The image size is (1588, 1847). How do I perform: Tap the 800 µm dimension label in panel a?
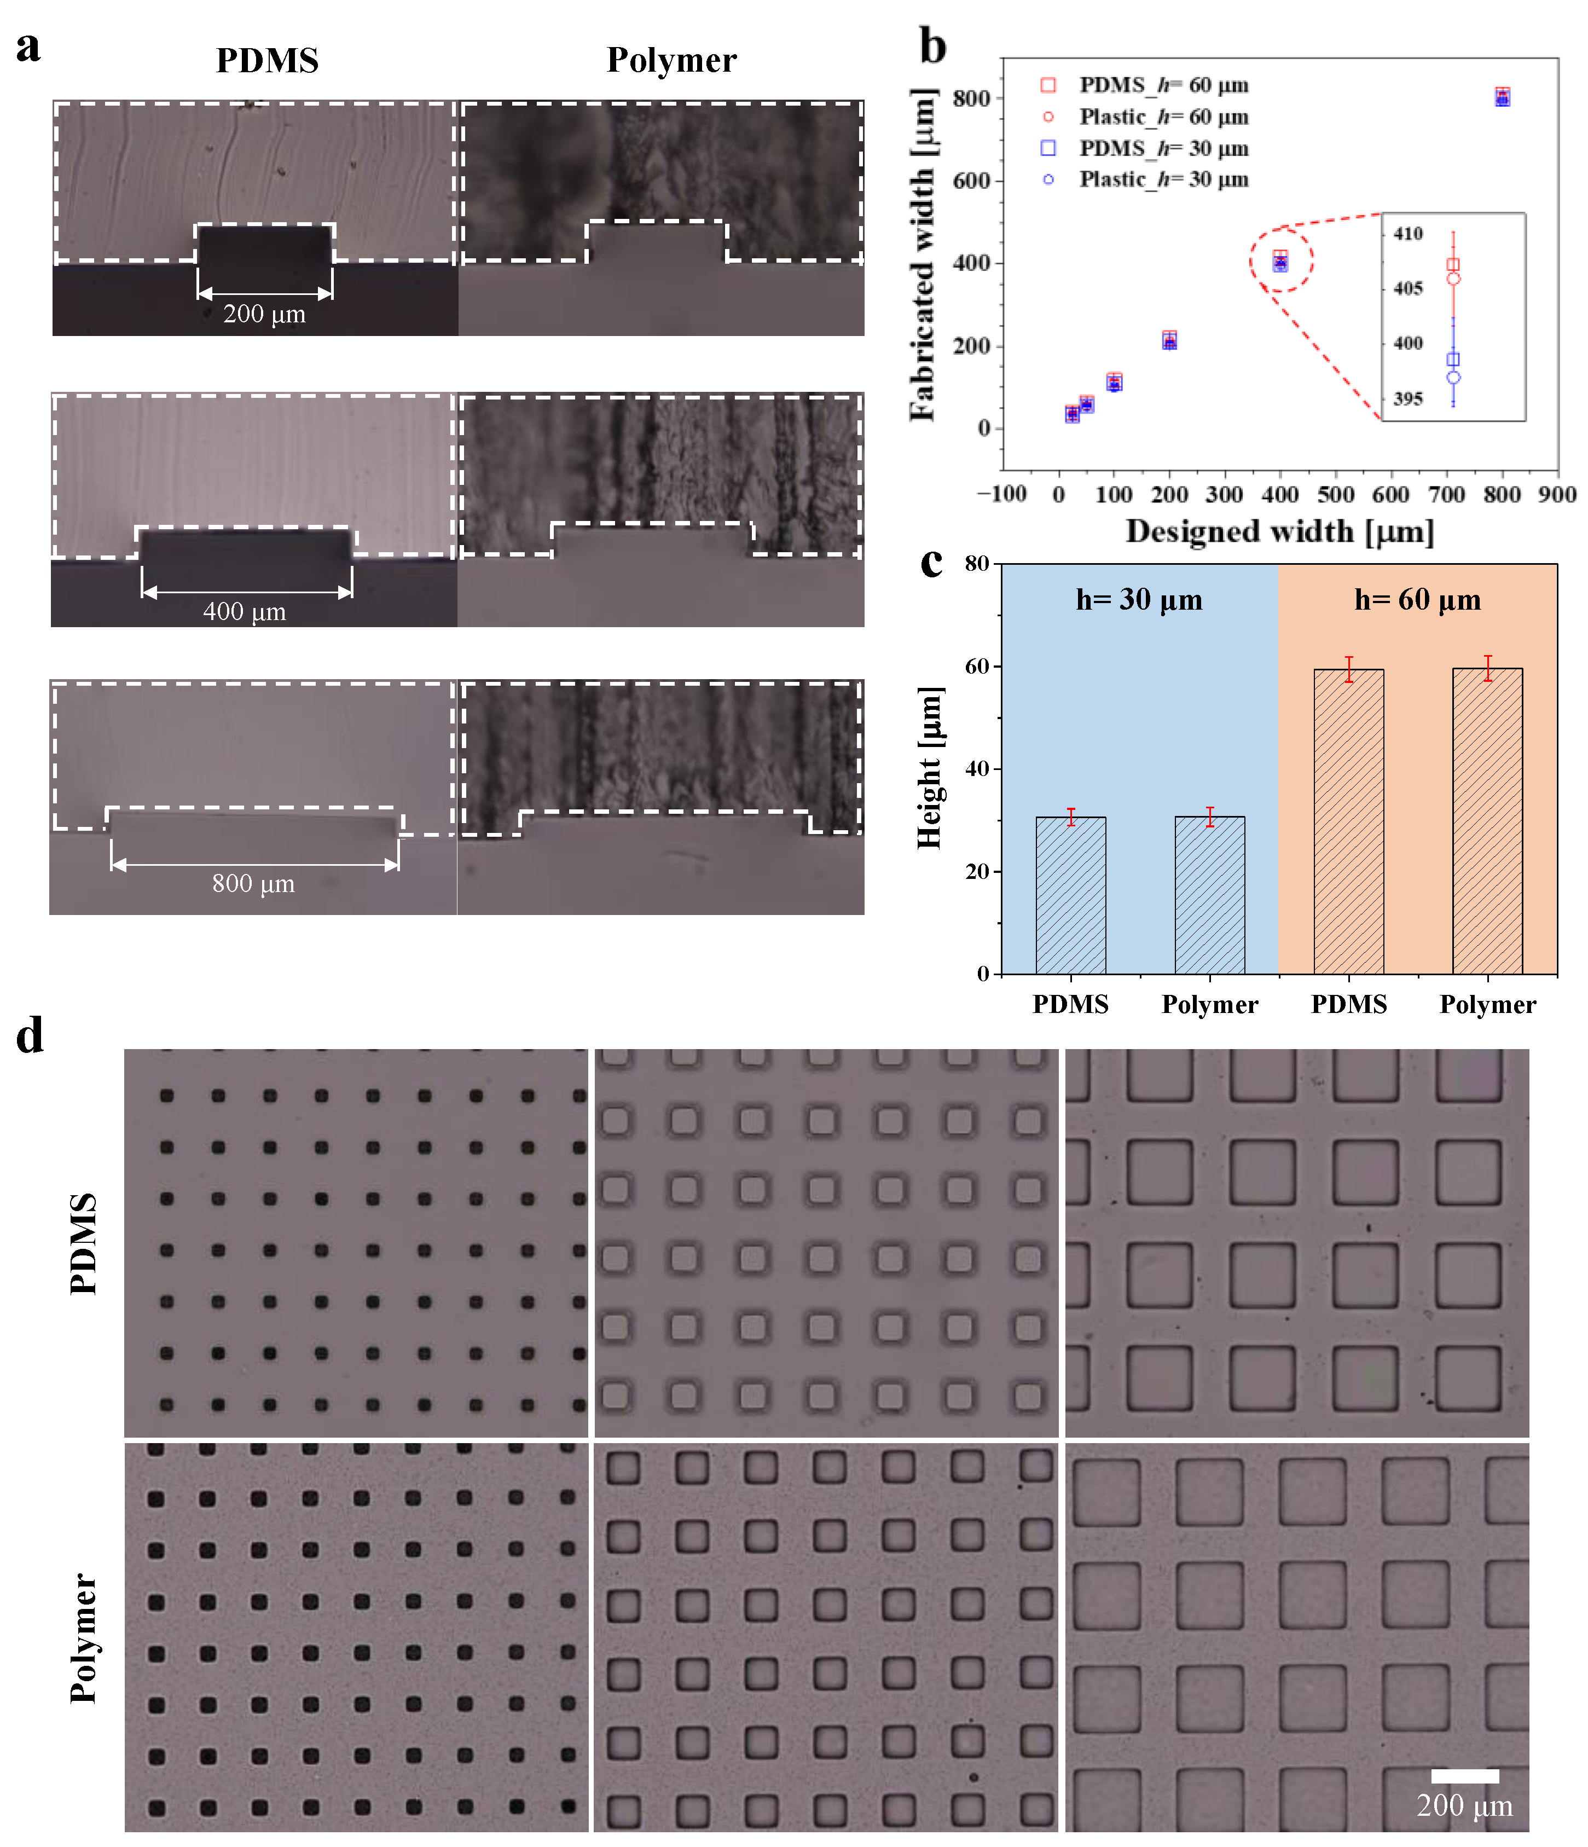point(253,884)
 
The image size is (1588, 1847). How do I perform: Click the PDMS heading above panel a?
point(268,61)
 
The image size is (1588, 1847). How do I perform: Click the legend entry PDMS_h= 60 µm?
point(1163,85)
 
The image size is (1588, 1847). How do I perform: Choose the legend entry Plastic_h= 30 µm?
point(1163,180)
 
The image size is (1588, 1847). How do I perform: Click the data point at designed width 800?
point(1503,97)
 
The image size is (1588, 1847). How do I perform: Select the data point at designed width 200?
point(1169,340)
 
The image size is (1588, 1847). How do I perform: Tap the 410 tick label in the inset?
point(1408,234)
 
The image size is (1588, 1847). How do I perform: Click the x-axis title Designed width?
point(1280,532)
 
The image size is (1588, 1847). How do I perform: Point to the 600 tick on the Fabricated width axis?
point(971,181)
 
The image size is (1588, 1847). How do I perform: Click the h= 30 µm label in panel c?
point(1139,600)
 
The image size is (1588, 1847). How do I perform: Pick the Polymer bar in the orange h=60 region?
point(1487,821)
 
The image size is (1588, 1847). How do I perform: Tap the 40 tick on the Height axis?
point(977,768)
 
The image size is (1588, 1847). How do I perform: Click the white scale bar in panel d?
point(1464,1776)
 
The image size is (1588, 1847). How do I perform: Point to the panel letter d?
point(30,1036)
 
